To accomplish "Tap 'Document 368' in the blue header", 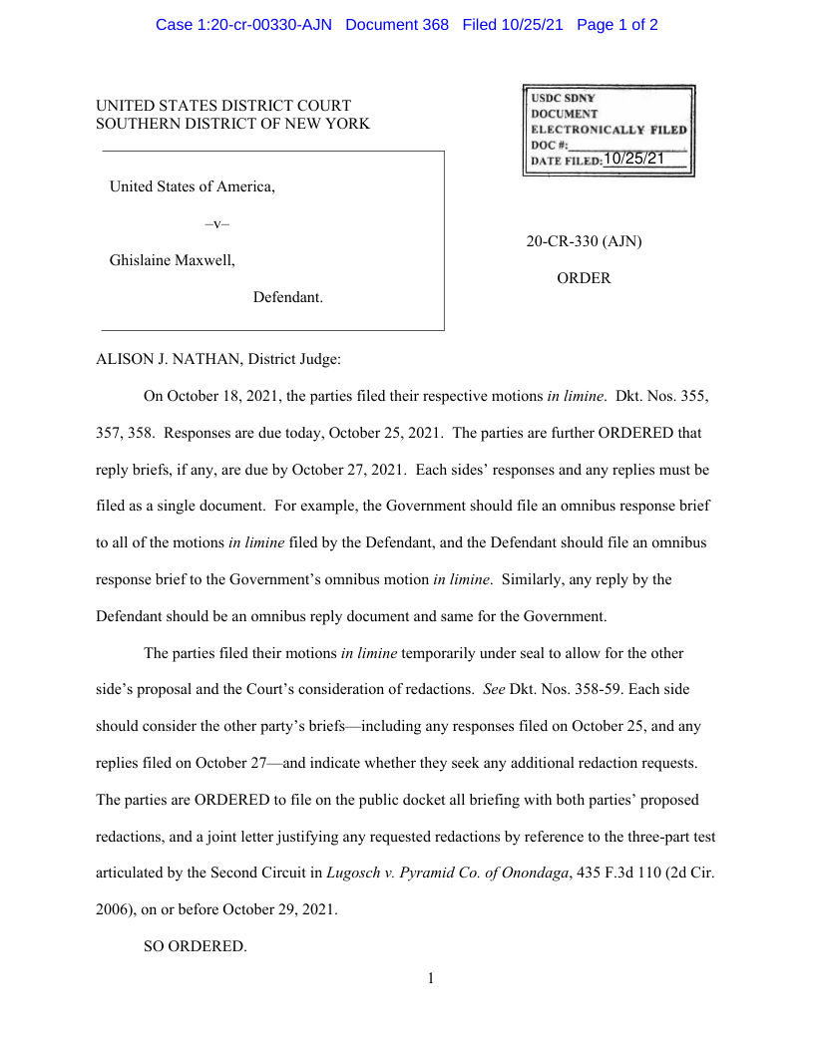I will click(x=397, y=25).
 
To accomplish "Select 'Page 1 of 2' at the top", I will click(x=616, y=25).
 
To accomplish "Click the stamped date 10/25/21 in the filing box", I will click(x=633, y=159).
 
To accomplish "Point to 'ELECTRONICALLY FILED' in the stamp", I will click(x=609, y=130).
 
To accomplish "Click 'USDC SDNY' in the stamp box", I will click(x=563, y=98).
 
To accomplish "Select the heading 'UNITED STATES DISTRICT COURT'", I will click(x=223, y=106).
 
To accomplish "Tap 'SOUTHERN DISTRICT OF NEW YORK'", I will click(x=232, y=124).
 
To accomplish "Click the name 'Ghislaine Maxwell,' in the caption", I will click(x=173, y=261).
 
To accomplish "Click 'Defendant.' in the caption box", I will click(x=287, y=297).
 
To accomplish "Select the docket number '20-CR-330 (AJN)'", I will click(x=584, y=241).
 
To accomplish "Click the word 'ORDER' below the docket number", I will click(x=584, y=279).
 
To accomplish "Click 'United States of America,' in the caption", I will click(x=192, y=186).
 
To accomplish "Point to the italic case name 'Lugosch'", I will click(x=352, y=873).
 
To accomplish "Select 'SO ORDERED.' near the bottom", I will click(x=195, y=946).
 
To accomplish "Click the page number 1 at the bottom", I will click(x=431, y=978).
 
